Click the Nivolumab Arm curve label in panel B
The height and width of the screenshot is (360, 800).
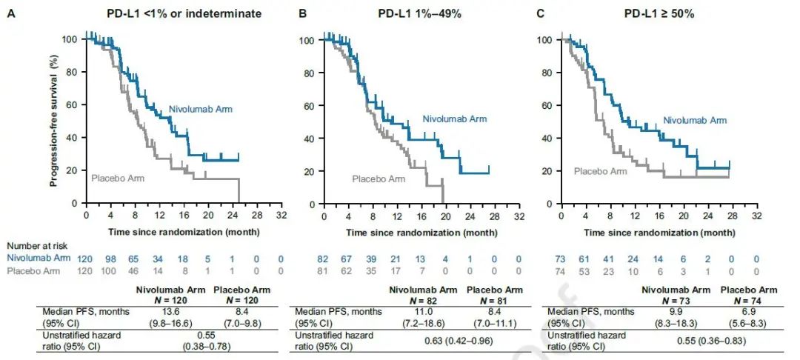[x=456, y=119]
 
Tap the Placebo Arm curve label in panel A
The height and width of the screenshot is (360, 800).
[x=118, y=178]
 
